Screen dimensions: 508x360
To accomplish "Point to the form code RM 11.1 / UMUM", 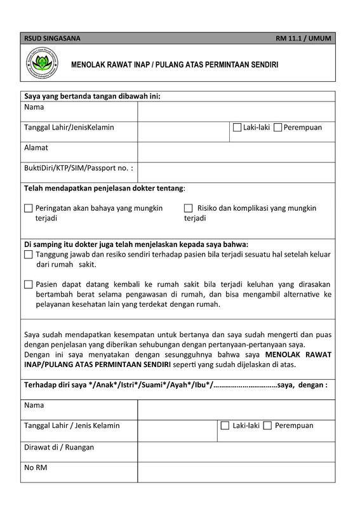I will [x=303, y=39].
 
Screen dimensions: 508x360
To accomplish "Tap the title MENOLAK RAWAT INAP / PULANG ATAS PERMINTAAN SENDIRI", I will [x=175, y=65].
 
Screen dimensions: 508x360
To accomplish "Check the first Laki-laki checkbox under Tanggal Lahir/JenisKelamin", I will [x=237, y=128].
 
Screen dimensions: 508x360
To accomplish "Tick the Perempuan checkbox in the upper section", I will [x=277, y=128].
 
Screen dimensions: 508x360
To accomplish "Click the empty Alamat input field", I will [x=236, y=151].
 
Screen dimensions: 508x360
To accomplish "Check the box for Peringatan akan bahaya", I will [x=28, y=208].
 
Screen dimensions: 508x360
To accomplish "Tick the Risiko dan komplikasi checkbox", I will [x=188, y=208].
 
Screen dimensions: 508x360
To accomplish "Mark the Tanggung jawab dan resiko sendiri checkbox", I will [x=28, y=255].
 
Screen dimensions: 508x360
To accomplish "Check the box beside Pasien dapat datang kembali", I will [x=28, y=284].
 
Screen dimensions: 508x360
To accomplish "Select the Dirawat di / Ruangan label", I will [x=59, y=447].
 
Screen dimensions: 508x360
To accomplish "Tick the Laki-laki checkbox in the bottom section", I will [x=225, y=426].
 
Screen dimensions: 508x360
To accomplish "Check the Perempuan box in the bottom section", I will [x=267, y=426].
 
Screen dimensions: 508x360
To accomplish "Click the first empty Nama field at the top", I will [x=236, y=111].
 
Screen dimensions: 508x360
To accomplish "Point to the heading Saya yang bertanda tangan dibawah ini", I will [x=92, y=96].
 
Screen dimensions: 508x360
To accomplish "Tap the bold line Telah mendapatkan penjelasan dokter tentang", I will [x=105, y=189].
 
